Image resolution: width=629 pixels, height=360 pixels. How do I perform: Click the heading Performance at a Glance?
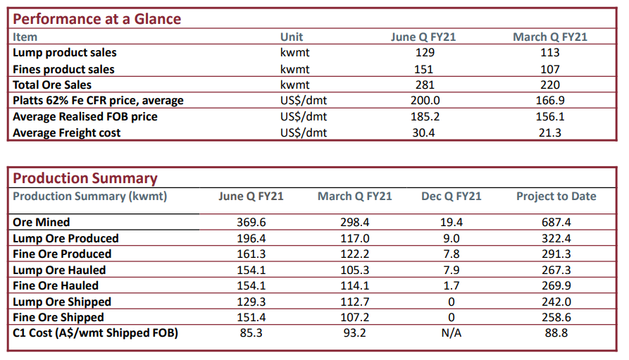click(x=96, y=19)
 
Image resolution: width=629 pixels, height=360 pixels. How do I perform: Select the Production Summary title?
click(x=85, y=178)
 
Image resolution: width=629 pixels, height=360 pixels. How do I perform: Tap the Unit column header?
click(x=291, y=37)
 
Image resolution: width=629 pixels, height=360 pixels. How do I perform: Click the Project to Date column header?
click(x=556, y=197)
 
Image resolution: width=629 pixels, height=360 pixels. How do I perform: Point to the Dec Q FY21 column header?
click(x=451, y=197)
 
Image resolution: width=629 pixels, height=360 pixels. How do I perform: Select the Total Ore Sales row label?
click(x=52, y=85)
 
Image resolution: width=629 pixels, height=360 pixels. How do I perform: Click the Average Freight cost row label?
click(x=67, y=133)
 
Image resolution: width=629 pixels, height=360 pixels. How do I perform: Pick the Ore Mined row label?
click(x=42, y=223)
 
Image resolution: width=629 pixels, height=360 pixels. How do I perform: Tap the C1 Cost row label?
click(x=96, y=333)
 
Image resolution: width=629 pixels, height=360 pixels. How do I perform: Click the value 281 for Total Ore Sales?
click(x=425, y=85)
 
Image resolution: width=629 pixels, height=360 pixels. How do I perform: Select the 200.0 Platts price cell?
click(x=425, y=100)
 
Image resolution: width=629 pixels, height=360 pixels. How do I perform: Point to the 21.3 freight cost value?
click(x=549, y=133)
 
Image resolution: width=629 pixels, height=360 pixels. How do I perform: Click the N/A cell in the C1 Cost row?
click(x=451, y=333)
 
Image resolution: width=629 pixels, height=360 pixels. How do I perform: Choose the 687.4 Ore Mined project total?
click(x=556, y=223)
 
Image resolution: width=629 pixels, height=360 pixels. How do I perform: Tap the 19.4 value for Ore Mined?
click(x=451, y=223)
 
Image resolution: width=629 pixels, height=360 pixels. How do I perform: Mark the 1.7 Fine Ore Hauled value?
click(x=451, y=286)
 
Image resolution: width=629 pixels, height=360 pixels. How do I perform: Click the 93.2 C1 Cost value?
click(x=354, y=333)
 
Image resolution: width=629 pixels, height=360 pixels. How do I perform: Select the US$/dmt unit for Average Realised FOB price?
click(x=304, y=117)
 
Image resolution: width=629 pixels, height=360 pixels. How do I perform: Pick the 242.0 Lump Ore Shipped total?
click(x=556, y=302)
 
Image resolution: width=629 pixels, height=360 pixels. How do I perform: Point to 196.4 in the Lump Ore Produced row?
click(x=251, y=238)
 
